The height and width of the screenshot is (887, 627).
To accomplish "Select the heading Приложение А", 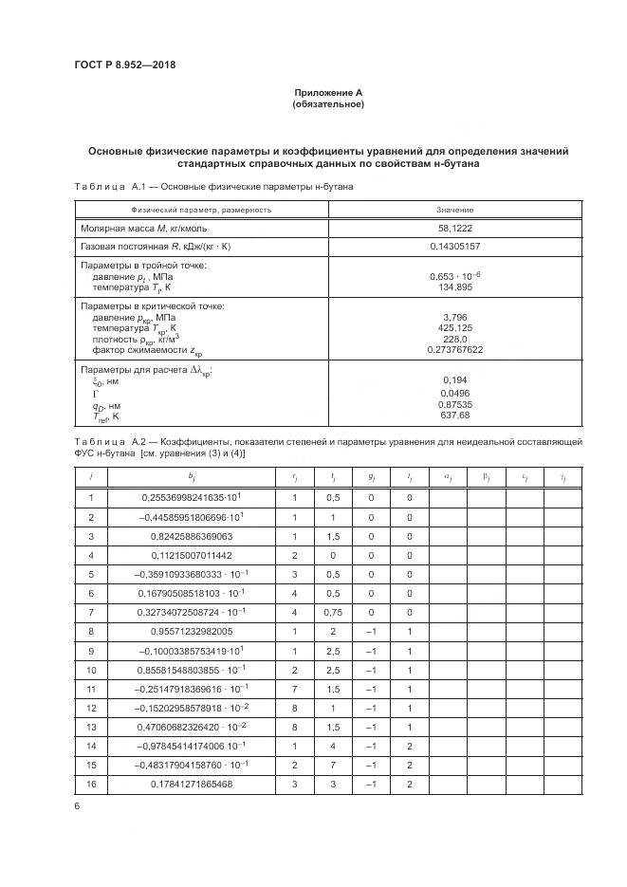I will point(327,92).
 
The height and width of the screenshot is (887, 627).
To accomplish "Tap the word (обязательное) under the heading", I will point(327,103).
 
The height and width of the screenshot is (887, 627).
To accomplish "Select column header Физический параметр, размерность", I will point(201,210).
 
